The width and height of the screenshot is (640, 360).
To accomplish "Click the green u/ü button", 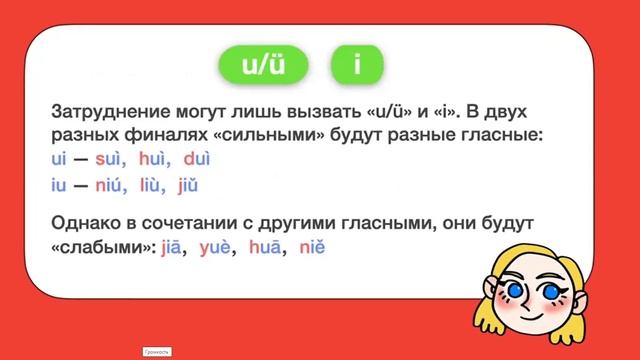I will [264, 65].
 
